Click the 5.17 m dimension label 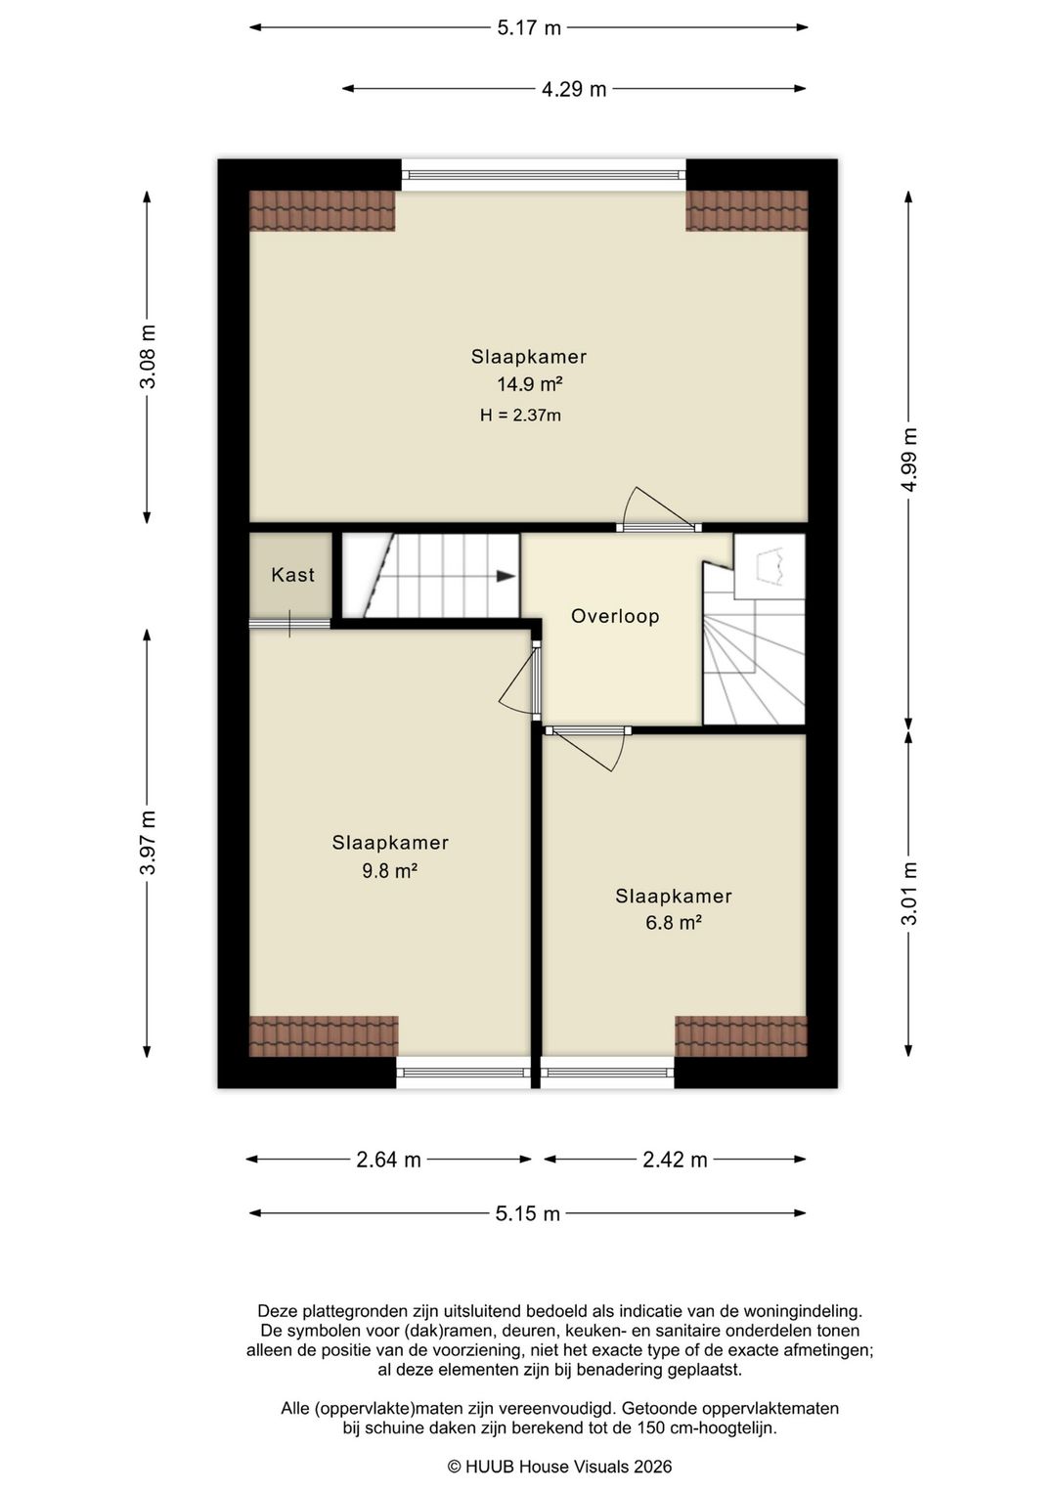(x=529, y=28)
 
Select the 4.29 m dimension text (x=574, y=89)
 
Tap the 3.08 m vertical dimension (x=148, y=356)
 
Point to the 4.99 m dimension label (x=908, y=459)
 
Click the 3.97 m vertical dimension (x=148, y=843)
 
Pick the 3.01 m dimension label (x=908, y=894)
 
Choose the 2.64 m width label (x=388, y=1160)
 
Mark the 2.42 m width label (x=675, y=1160)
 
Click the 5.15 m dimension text (x=527, y=1213)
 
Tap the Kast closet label (x=292, y=575)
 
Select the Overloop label (x=615, y=616)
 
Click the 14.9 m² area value (x=530, y=384)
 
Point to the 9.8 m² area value (x=390, y=870)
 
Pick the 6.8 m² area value (x=674, y=923)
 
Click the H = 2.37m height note (x=520, y=416)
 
